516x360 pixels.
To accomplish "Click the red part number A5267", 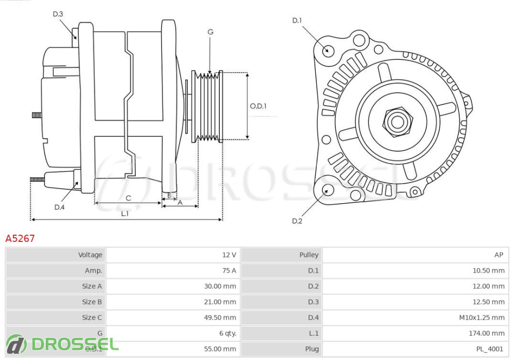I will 20,238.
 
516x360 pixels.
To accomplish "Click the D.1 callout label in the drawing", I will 297,21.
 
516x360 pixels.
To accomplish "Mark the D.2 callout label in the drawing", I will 297,221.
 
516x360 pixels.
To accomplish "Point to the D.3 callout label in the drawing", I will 58,14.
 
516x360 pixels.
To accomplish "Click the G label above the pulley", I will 210,32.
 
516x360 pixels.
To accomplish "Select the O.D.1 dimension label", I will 258,106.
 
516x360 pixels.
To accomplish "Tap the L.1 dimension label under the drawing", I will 125,214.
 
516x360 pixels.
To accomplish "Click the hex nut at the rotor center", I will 397,122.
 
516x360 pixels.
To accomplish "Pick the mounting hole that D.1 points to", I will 327,51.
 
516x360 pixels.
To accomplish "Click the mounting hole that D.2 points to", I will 327,190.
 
